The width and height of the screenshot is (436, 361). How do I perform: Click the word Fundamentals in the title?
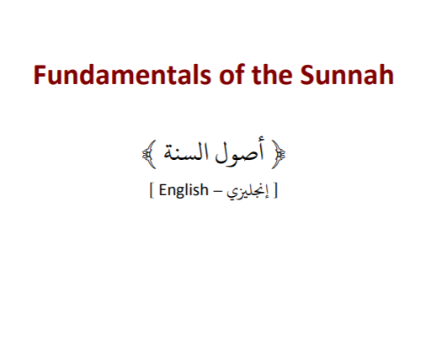click(122, 75)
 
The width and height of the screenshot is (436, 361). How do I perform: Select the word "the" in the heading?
click(272, 74)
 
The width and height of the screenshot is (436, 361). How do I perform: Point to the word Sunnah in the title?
click(347, 75)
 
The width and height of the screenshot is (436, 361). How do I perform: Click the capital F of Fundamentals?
click(40, 75)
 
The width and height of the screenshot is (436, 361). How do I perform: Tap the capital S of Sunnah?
click(306, 75)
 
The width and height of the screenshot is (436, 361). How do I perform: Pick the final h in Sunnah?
click(386, 74)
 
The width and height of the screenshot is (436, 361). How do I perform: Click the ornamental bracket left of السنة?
click(149, 154)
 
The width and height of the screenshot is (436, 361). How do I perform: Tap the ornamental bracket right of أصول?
click(279, 154)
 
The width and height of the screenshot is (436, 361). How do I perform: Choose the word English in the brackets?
click(183, 191)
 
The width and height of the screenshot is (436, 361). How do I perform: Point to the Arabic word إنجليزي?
click(247, 192)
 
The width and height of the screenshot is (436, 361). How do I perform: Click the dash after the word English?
click(217, 193)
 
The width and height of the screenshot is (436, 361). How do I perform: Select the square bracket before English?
click(152, 191)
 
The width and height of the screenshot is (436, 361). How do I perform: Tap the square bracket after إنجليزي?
click(275, 191)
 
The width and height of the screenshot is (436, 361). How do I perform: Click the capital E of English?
click(163, 190)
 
